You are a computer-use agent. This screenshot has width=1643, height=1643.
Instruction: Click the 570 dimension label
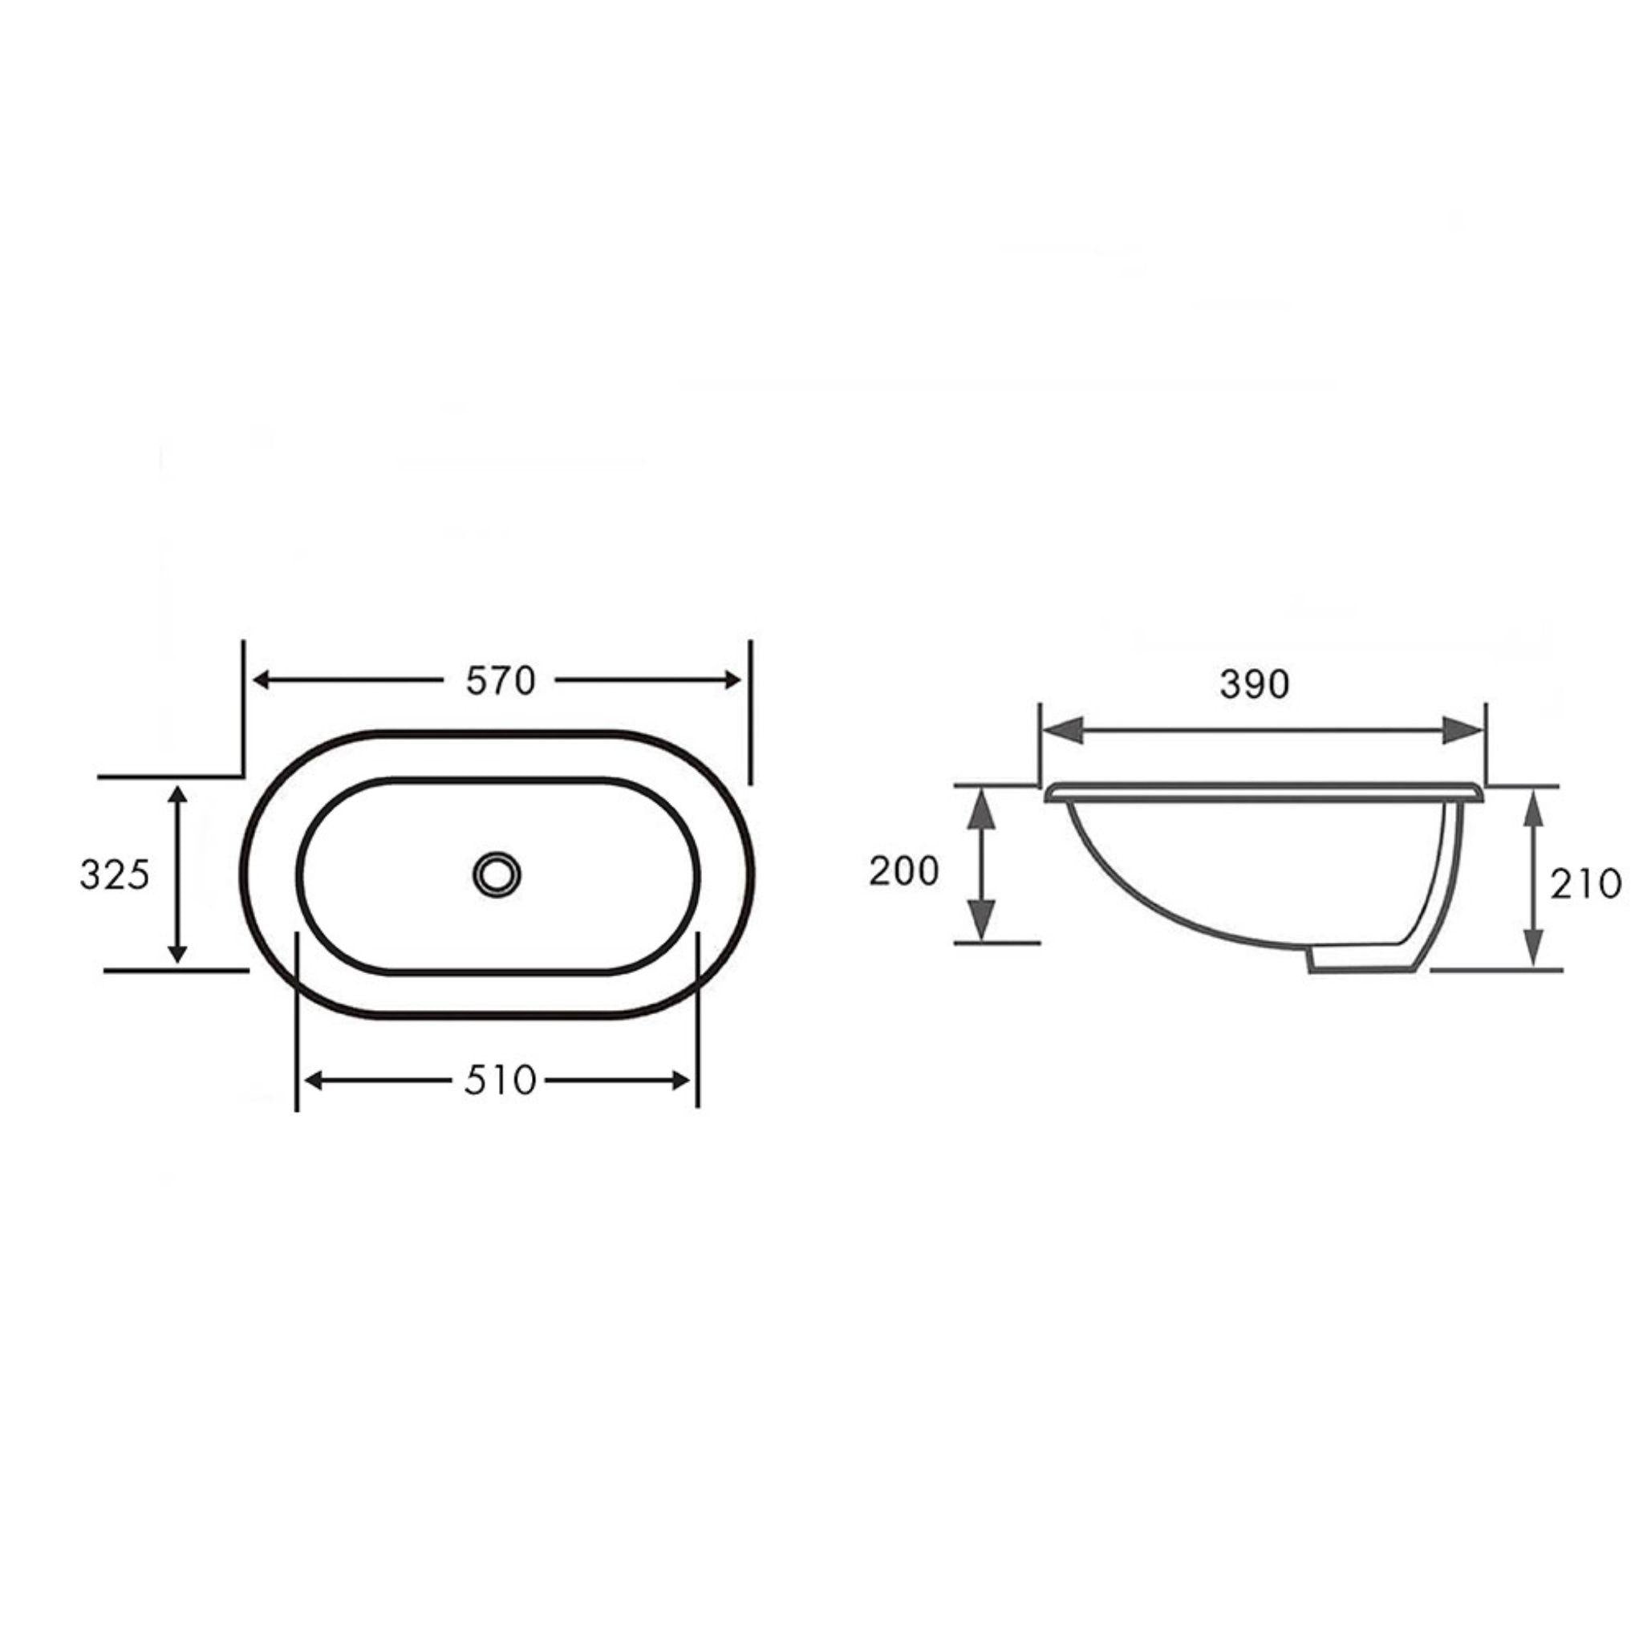[500, 680]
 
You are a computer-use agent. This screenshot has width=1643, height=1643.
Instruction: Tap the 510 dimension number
[500, 1081]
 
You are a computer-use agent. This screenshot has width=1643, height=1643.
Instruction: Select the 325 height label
[114, 874]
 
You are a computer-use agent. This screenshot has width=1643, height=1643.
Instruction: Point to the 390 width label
[1255, 684]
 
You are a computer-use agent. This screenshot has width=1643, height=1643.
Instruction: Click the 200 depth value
[903, 870]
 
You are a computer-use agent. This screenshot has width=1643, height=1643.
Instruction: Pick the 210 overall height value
[1585, 884]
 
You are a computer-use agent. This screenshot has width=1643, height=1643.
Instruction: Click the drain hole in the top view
[497, 873]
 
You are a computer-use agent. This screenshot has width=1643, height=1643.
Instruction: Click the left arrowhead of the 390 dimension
[1063, 730]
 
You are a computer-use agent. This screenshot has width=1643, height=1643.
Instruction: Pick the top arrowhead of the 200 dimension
[982, 808]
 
